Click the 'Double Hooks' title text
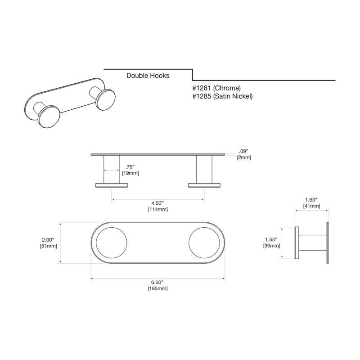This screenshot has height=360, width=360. click(x=148, y=76)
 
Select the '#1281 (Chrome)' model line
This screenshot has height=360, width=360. click(x=216, y=88)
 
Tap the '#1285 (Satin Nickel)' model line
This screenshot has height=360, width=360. click(x=222, y=96)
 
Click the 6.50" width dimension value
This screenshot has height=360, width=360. click(x=157, y=282)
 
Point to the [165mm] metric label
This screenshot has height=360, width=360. click(x=158, y=288)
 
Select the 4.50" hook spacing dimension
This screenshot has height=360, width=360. click(x=157, y=203)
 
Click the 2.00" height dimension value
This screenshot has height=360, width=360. click(x=48, y=240)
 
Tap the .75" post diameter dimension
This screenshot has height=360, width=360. click(x=130, y=167)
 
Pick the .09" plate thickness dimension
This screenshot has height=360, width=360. click(x=243, y=151)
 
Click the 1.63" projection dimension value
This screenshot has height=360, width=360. click(x=311, y=200)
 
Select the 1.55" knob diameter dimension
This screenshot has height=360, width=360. click(x=271, y=240)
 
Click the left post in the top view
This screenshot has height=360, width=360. click(x=111, y=170)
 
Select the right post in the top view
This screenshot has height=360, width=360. click(x=204, y=170)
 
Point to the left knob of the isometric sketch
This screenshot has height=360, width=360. click(x=49, y=117)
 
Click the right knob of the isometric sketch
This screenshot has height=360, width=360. click(x=105, y=100)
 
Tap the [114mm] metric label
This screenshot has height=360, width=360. click(x=158, y=209)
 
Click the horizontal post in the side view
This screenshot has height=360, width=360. click(x=313, y=243)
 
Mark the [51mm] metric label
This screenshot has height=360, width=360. click(x=49, y=246)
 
